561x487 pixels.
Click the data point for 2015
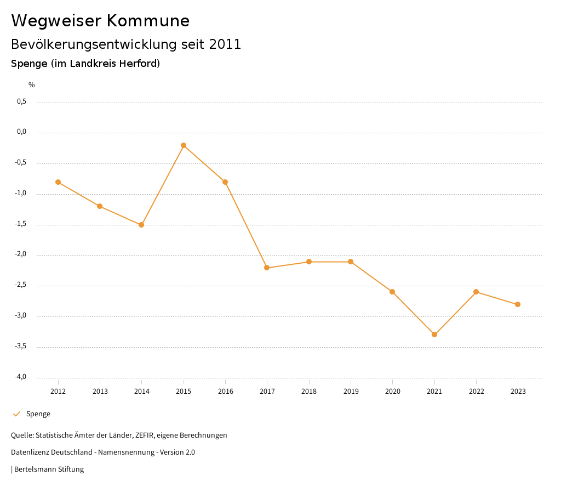pos(184,145)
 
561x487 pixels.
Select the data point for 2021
pos(434,335)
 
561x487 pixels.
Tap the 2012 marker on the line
pos(58,182)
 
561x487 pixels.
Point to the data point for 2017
pos(267,268)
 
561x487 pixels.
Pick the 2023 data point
pos(518,304)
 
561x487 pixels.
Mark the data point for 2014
pos(141,225)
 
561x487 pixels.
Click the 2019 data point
pos(351,262)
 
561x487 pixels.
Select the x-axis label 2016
pos(225,392)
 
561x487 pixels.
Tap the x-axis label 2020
pos(392,392)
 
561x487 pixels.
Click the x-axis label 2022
pos(476,392)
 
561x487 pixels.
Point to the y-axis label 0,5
pos(21,101)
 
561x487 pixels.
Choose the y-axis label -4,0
pos(20,377)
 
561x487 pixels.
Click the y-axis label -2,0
pos(20,254)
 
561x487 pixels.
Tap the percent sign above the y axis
pos(32,85)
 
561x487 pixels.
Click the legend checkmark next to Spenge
pos(16,414)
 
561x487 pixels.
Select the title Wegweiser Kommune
pos(100,21)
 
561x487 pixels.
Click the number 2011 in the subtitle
pos(225,44)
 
